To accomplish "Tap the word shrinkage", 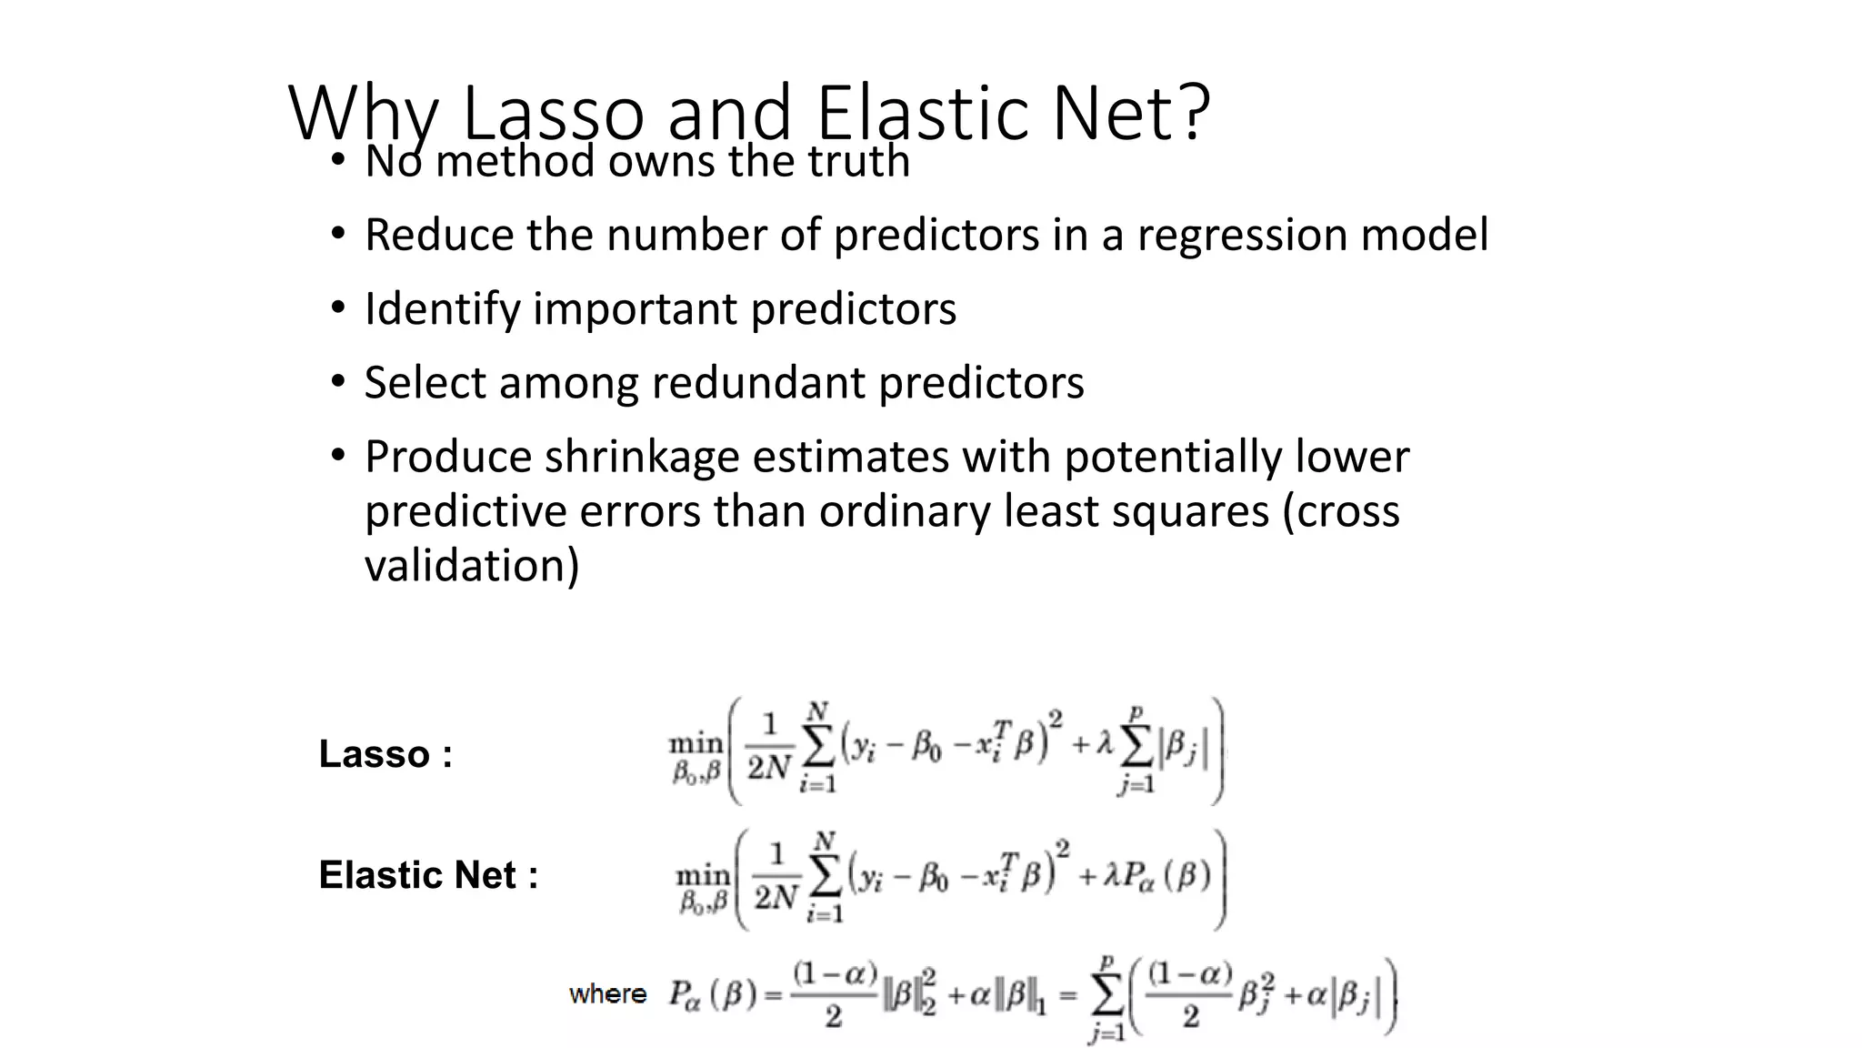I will click(641, 457).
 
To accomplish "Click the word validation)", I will click(471, 566).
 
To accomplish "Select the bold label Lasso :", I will click(385, 754).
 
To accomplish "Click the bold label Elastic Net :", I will click(428, 875).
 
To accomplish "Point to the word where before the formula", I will click(607, 993).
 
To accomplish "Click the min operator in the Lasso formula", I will click(696, 743).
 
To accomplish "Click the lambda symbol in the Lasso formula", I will click(1104, 744).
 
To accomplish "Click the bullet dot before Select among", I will click(338, 382).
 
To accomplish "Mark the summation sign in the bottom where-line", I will click(1106, 998).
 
